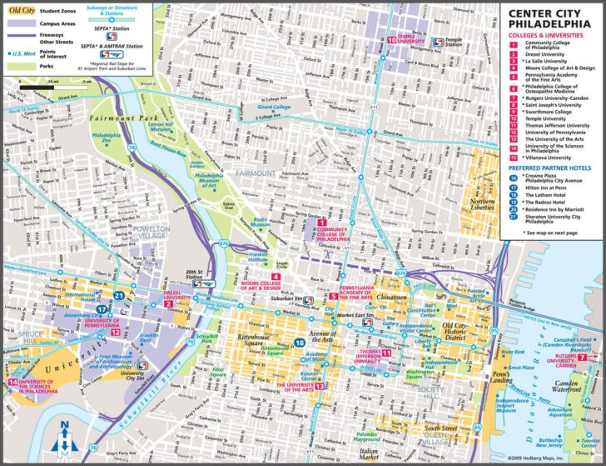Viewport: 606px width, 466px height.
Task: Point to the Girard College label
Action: pos(276,108)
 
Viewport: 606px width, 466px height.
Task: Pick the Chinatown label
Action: pos(390,297)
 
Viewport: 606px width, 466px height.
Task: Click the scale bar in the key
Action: pos(46,88)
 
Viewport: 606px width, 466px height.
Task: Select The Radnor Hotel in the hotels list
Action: pos(545,203)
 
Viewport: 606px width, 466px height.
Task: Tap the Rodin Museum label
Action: pos(264,222)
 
